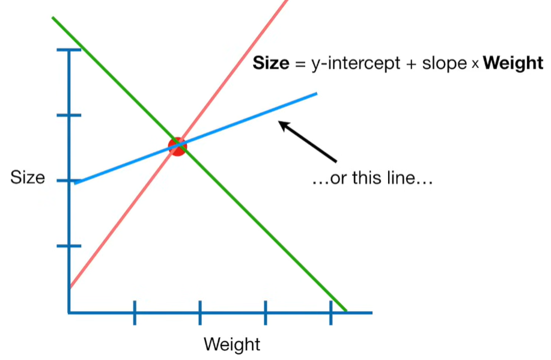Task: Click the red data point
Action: click(177, 146)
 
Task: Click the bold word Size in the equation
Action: click(271, 63)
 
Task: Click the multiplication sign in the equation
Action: click(475, 64)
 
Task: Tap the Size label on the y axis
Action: click(28, 178)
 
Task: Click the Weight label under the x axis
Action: click(232, 345)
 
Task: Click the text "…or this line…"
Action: click(373, 178)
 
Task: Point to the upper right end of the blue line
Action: click(315, 94)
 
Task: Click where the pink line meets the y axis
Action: click(70, 287)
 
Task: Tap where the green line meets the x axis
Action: click(346, 311)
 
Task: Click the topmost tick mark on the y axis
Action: click(69, 50)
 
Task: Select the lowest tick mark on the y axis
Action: click(69, 246)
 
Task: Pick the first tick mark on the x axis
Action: click(135, 313)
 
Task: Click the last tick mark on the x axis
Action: click(330, 313)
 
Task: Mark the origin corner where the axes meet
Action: click(69, 313)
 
